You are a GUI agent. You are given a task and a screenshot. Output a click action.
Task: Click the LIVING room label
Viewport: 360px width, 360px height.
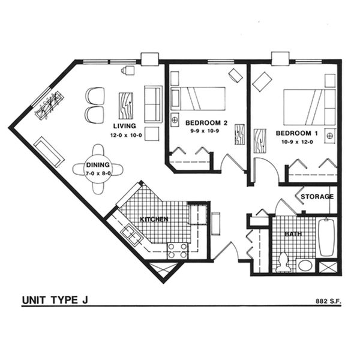pyautogui.click(x=124, y=126)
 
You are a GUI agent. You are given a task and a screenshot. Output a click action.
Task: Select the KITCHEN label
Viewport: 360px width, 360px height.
pyautogui.click(x=154, y=220)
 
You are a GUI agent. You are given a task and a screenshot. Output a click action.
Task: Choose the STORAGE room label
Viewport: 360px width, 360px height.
pyautogui.click(x=317, y=196)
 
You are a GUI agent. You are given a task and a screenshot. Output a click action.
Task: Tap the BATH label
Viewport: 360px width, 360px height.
pyautogui.click(x=293, y=234)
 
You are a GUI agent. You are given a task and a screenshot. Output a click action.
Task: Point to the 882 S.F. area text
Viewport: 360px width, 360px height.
pyautogui.click(x=328, y=301)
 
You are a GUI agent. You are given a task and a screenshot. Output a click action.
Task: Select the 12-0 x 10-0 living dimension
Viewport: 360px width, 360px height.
pyautogui.click(x=125, y=135)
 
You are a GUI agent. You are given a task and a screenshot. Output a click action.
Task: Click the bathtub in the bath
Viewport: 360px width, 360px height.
pyautogui.click(x=327, y=237)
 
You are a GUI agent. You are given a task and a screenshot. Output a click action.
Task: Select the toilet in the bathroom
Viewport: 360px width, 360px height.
pyautogui.click(x=284, y=262)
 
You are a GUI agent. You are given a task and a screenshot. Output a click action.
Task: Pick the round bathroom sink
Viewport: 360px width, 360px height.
pyautogui.click(x=305, y=265)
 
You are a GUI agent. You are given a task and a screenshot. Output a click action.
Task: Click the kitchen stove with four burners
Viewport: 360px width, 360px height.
pyautogui.click(x=178, y=250)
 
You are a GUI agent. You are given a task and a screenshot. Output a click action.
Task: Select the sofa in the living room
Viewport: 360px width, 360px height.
pyautogui.click(x=152, y=104)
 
